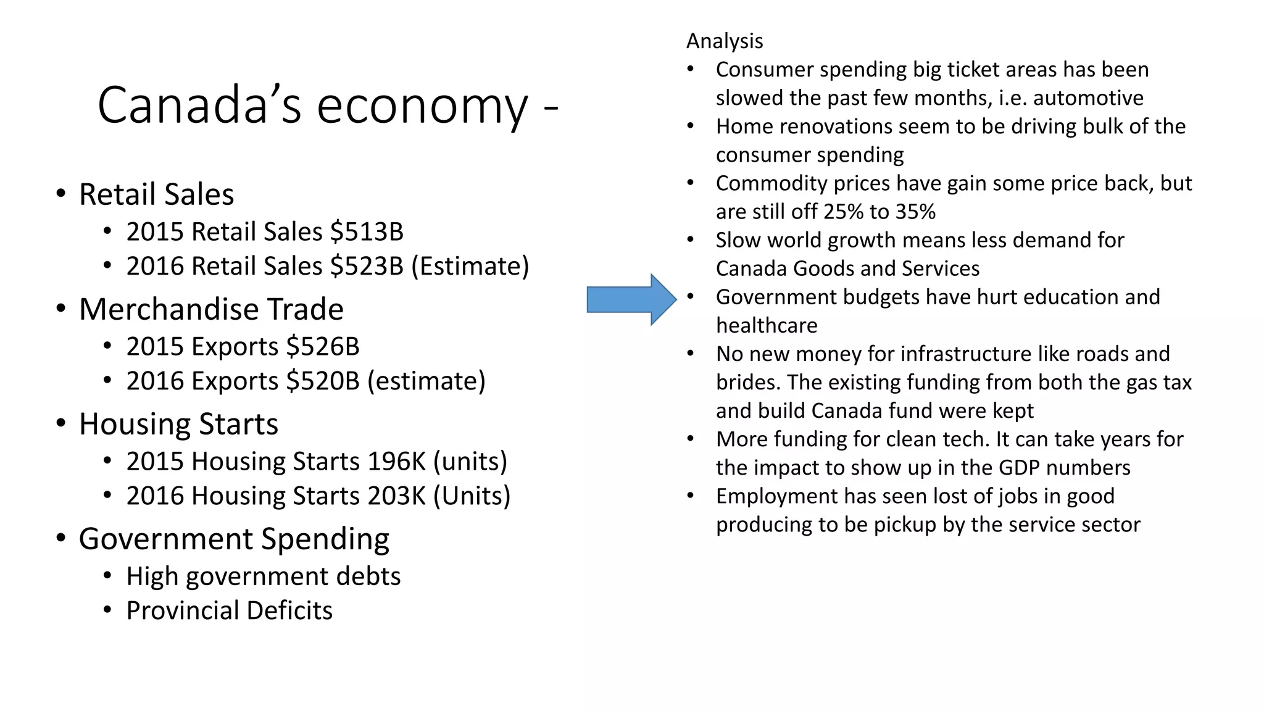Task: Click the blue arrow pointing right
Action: pyautogui.click(x=631, y=299)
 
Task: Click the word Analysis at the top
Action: pyautogui.click(x=725, y=41)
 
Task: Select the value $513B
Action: pyautogui.click(x=367, y=232)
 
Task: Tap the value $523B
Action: pyautogui.click(x=367, y=267)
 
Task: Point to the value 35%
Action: pyautogui.click(x=915, y=212)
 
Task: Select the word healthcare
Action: pyautogui.click(x=767, y=325)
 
